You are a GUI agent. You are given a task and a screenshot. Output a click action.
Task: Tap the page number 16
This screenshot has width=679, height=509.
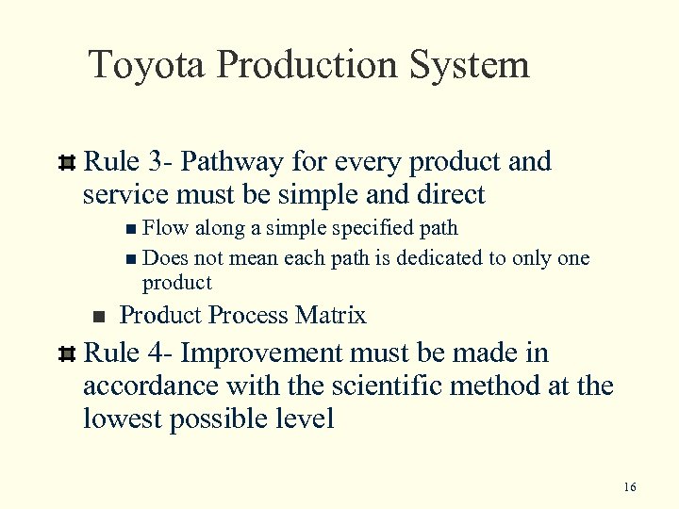[x=630, y=486]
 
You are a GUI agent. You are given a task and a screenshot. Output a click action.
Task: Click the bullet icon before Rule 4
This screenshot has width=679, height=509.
[x=66, y=354]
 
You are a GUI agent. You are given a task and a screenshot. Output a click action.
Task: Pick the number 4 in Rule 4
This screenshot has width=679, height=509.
[x=157, y=353]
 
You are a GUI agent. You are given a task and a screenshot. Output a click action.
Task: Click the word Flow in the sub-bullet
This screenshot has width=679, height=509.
[x=165, y=227]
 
